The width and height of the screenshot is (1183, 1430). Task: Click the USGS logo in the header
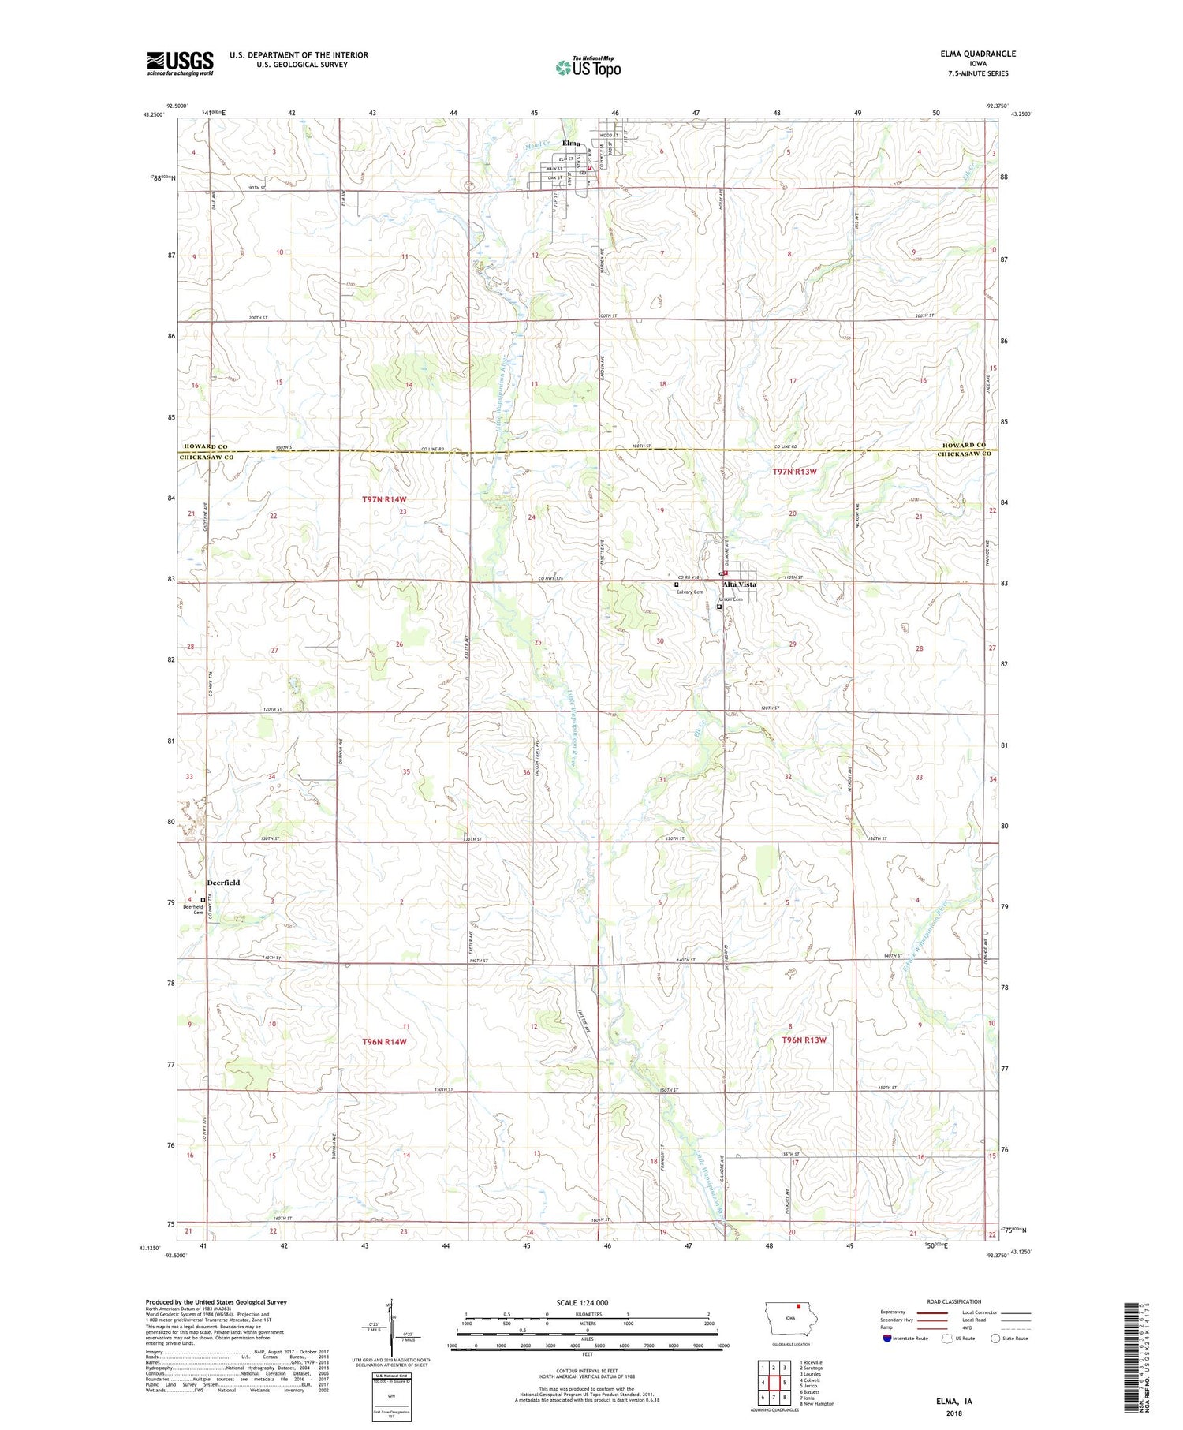pos(180,63)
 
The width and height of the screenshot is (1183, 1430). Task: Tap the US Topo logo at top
pos(588,68)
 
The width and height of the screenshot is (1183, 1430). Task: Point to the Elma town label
pos(570,144)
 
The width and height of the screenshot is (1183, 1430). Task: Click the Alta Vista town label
pos(740,584)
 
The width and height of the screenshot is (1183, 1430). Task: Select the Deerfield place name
pos(223,883)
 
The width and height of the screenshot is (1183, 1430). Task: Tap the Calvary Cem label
pos(689,592)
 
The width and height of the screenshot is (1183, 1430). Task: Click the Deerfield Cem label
pos(193,909)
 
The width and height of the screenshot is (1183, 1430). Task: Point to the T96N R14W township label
pos(384,1042)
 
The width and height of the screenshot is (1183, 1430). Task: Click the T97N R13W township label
pos(794,472)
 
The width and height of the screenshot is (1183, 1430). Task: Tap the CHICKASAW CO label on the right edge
pos(964,455)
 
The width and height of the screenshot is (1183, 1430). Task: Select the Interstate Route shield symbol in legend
pos(887,1339)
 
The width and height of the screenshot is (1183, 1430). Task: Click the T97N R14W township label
pos(384,499)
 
